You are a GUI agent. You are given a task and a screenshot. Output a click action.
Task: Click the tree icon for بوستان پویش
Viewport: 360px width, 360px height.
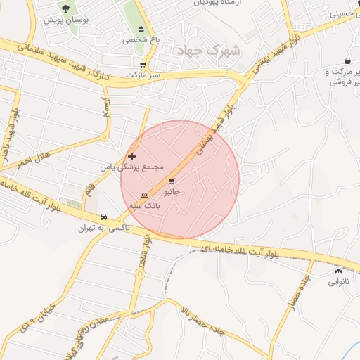pyautogui.click(x=66, y=8)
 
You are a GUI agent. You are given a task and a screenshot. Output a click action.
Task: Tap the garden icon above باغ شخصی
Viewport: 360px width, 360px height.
pyautogui.click(x=141, y=28)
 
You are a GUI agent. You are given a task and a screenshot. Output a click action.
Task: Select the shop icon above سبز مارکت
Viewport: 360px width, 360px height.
pyautogui.click(x=143, y=64)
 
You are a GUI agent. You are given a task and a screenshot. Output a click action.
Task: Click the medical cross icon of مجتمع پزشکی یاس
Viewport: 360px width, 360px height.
pyautogui.click(x=131, y=155)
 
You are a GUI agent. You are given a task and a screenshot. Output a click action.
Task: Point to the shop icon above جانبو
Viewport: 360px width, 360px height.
pyautogui.click(x=172, y=181)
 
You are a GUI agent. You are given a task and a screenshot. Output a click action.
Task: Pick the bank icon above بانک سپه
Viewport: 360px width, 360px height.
pyautogui.click(x=144, y=194)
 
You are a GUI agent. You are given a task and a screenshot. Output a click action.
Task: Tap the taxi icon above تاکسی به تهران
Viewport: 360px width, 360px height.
pyautogui.click(x=104, y=217)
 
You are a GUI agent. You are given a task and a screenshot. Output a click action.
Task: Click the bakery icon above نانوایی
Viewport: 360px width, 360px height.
pyautogui.click(x=338, y=271)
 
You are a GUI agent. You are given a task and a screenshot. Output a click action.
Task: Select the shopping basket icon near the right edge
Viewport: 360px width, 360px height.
pyautogui.click(x=348, y=60)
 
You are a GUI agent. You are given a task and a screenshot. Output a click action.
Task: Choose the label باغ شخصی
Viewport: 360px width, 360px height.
pyautogui.click(x=141, y=39)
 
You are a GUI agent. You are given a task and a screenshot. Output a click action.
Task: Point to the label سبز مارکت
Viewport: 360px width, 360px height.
pyautogui.click(x=144, y=74)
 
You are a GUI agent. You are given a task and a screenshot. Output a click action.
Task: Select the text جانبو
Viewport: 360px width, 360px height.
pyautogui.click(x=172, y=191)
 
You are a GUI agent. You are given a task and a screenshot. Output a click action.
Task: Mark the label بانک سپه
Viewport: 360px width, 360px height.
pyautogui.click(x=144, y=205)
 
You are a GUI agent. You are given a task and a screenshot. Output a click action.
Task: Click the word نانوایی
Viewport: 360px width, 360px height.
pyautogui.click(x=337, y=282)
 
